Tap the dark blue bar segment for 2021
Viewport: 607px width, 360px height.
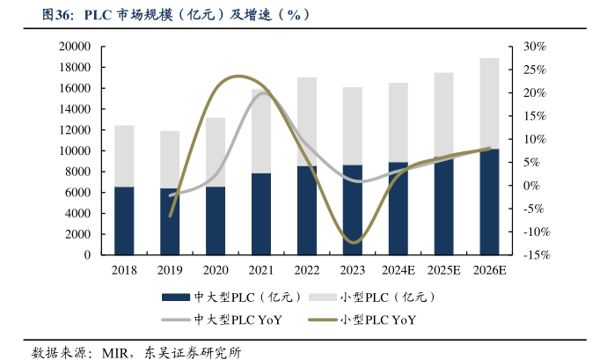261,213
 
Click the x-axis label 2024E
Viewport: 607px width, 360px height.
399,270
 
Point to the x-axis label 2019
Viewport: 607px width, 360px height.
170,270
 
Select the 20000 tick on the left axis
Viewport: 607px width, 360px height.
77,47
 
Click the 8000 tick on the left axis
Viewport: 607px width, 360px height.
80,172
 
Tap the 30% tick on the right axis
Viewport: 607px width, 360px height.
536,47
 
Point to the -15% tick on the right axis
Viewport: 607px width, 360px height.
536,254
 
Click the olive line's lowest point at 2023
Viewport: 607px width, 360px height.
353,242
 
